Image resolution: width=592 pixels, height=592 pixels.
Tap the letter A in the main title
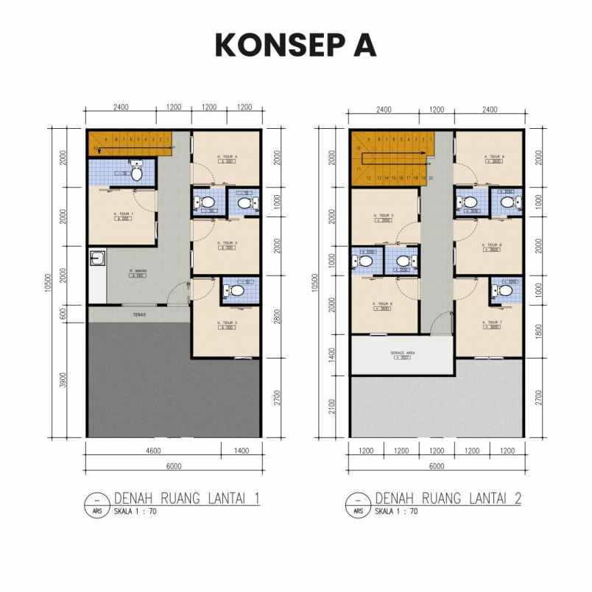coord(363,45)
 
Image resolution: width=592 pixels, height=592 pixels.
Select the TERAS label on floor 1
coord(140,314)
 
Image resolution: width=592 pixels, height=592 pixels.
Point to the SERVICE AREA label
coord(402,353)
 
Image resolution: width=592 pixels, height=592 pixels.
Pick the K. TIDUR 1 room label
coord(121,215)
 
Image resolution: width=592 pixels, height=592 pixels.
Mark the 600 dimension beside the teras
coord(64,313)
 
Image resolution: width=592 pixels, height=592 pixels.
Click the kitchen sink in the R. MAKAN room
coord(97,258)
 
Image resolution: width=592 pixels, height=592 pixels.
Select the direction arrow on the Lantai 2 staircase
coord(426,153)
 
